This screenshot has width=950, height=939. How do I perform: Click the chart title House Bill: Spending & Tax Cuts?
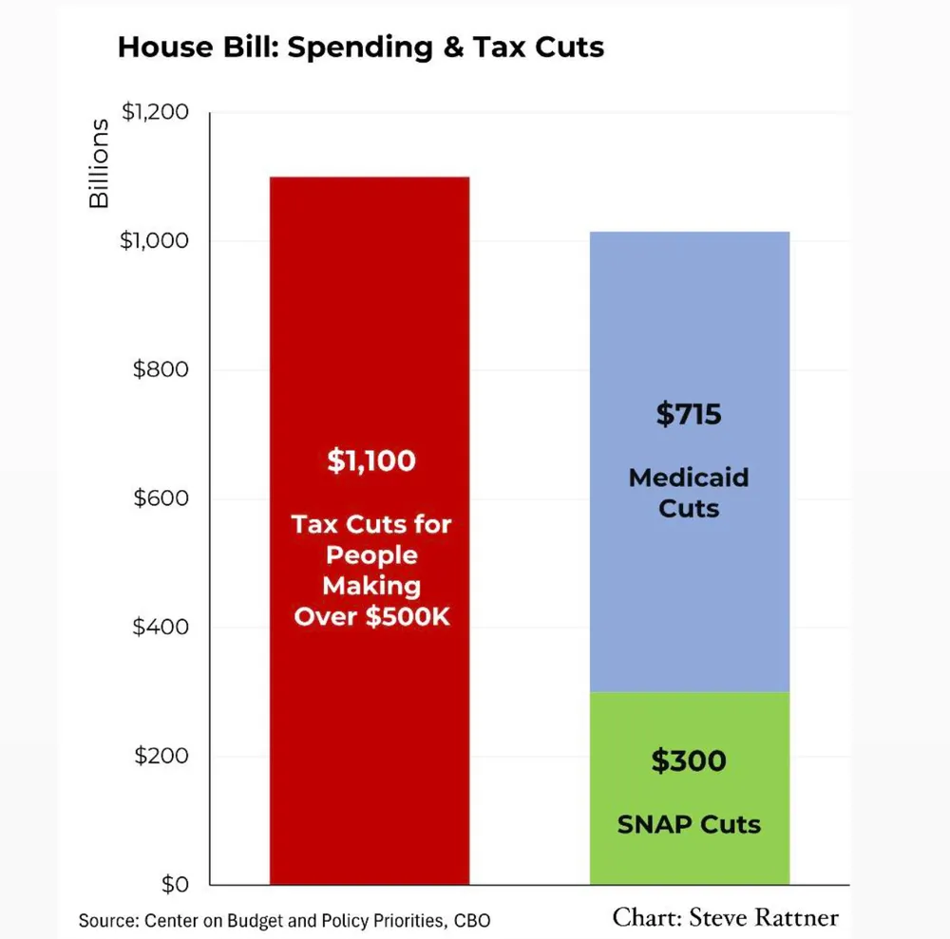pyautogui.click(x=360, y=47)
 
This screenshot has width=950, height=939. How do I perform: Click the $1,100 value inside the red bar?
pyautogui.click(x=370, y=461)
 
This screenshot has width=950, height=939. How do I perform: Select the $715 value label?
pyautogui.click(x=689, y=415)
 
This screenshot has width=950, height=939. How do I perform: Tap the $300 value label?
pyautogui.click(x=689, y=761)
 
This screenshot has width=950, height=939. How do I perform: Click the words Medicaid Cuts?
pyautogui.click(x=689, y=492)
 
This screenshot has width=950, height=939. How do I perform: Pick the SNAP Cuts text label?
pyautogui.click(x=689, y=824)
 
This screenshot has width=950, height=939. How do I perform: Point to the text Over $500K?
pyautogui.click(x=370, y=616)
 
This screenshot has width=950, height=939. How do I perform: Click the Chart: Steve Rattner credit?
pyautogui.click(x=726, y=917)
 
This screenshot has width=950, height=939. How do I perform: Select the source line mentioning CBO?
pyautogui.click(x=284, y=920)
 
